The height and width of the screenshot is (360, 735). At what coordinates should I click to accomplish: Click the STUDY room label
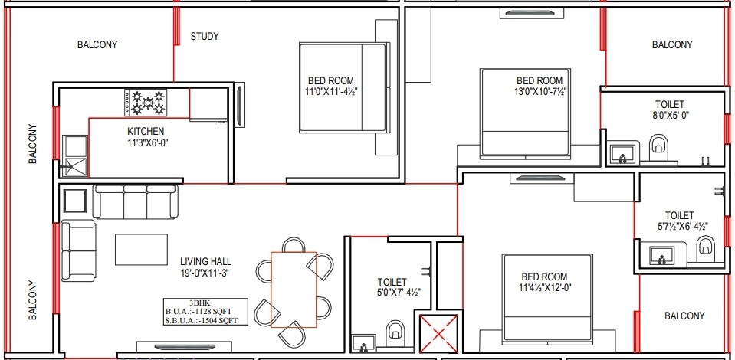click(x=205, y=36)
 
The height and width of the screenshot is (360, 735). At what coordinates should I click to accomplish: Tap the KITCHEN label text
click(x=146, y=131)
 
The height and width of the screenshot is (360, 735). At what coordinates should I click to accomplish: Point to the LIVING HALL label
click(x=205, y=261)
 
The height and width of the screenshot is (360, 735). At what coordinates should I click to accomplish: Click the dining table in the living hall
click(x=294, y=290)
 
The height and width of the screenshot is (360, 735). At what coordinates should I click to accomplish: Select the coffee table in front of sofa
click(x=141, y=249)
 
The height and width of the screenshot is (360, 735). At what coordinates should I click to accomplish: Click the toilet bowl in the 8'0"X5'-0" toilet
click(x=658, y=147)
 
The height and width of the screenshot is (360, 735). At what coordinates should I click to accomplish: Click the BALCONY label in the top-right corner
click(x=671, y=45)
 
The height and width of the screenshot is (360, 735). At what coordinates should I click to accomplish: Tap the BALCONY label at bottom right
click(x=684, y=316)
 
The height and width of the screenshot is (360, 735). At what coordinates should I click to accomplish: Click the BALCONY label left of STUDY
click(x=97, y=45)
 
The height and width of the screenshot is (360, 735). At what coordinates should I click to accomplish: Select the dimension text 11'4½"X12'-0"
click(x=544, y=288)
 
